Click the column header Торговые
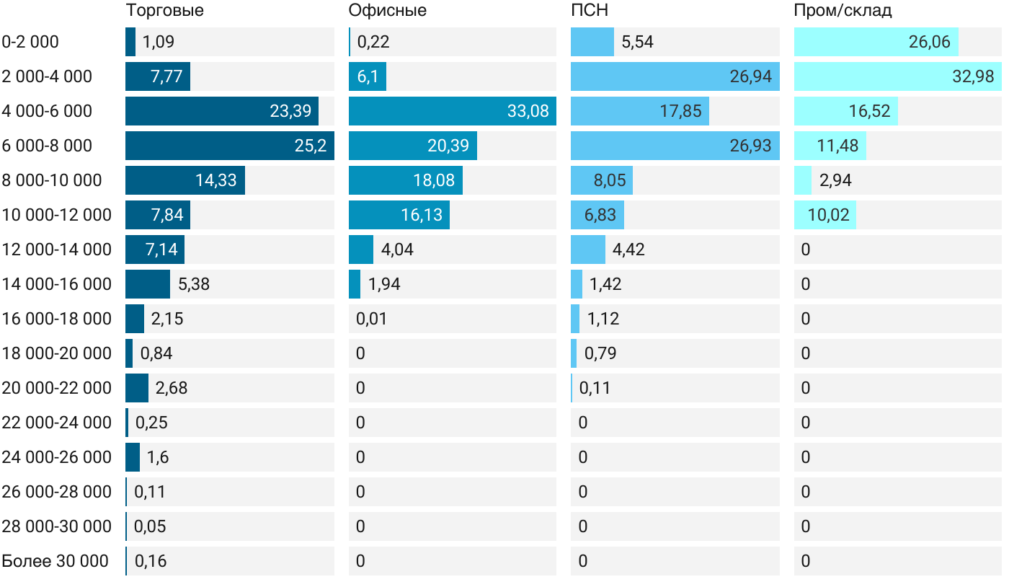click(x=164, y=10)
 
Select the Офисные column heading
click(x=387, y=10)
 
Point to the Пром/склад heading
click(x=843, y=10)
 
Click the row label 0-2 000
click(x=30, y=42)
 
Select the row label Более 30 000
click(x=55, y=561)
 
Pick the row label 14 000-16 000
click(x=57, y=284)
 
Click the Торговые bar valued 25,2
click(x=229, y=146)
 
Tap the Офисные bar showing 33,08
click(x=452, y=111)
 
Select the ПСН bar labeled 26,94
click(x=675, y=76)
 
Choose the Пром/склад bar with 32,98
click(x=897, y=76)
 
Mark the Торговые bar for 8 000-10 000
click(x=185, y=180)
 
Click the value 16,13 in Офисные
click(x=422, y=215)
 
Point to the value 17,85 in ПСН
click(x=681, y=111)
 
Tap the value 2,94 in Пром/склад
click(x=835, y=180)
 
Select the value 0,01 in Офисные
click(x=371, y=319)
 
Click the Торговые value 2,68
click(x=172, y=388)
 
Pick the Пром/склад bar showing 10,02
click(x=824, y=215)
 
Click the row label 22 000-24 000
click(x=57, y=423)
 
